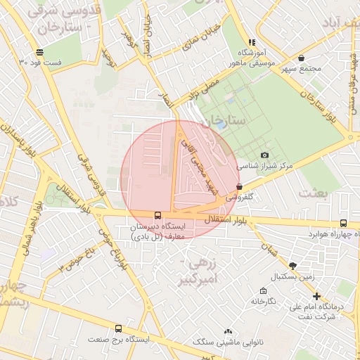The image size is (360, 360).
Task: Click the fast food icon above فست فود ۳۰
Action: click(39, 52)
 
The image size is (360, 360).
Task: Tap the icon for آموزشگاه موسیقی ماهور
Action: click(252, 42)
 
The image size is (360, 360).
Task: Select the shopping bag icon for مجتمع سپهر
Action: click(302, 58)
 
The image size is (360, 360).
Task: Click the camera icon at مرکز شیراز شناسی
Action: click(264, 155)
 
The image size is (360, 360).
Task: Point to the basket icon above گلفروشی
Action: click(240, 187)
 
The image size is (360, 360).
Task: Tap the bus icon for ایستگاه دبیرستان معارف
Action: click(157, 215)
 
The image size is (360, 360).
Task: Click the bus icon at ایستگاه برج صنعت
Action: click(118, 328)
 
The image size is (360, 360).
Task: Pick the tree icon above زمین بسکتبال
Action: click(292, 266)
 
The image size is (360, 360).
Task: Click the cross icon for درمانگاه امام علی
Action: click(316, 296)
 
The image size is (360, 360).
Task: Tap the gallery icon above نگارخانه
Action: click(263, 290)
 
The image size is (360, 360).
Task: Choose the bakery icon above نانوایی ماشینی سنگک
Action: click(228, 330)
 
